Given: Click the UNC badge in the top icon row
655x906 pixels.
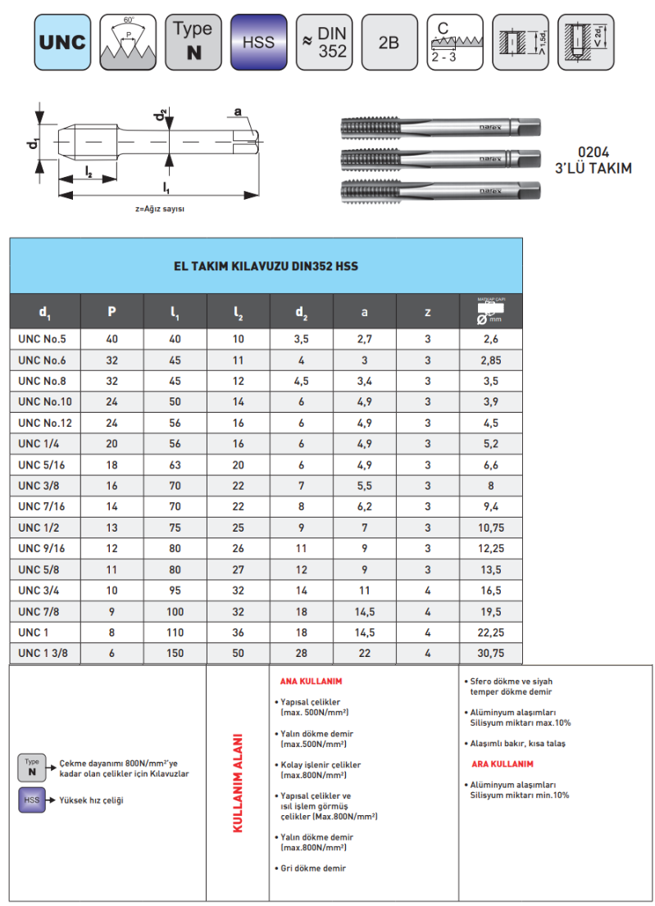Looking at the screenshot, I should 62,42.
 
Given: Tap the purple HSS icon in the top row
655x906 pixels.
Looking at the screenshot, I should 258,42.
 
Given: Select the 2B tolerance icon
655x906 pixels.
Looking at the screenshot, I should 389,42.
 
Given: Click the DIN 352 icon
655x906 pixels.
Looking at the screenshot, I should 324,42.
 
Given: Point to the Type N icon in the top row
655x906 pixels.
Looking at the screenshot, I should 193,42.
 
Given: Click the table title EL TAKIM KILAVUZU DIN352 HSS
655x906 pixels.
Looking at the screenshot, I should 266,266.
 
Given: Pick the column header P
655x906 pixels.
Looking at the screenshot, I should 111,311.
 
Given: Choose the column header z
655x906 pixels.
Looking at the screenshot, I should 427,311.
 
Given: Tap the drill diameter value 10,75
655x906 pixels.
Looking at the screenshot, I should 490,528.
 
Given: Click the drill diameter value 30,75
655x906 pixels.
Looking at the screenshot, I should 490,651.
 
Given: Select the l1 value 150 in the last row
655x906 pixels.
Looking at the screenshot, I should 175,651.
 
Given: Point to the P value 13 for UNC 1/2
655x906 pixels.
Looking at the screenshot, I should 111,528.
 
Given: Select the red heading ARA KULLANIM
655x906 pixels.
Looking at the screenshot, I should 502,763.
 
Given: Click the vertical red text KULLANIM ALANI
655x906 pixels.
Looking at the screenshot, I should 238,782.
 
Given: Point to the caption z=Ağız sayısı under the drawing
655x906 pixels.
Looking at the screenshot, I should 160,209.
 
